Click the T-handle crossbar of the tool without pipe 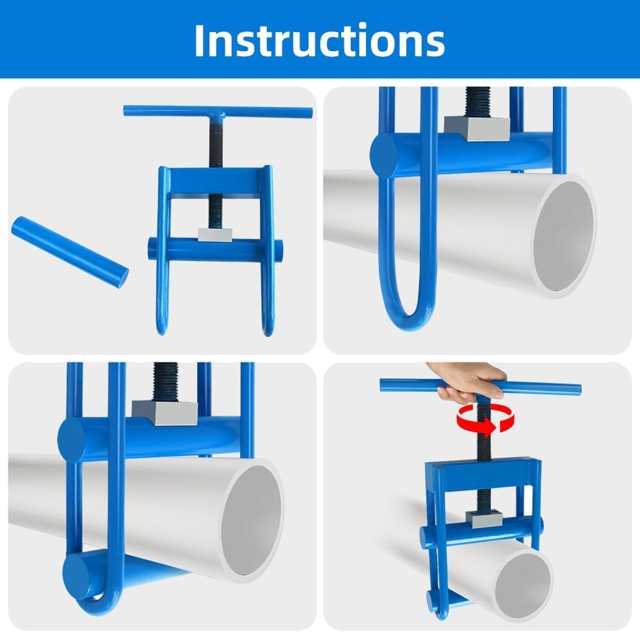click(218, 112)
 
